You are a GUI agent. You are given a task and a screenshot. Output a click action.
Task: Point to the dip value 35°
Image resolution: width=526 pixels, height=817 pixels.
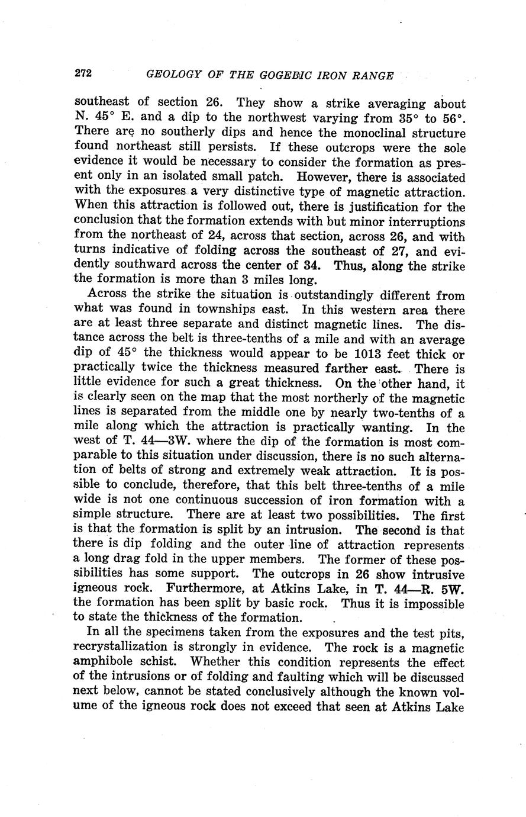point(404,119)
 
